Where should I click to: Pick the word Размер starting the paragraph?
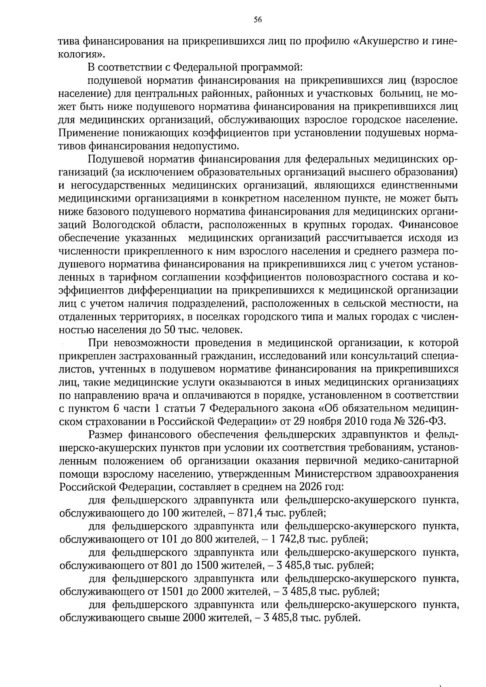106,434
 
